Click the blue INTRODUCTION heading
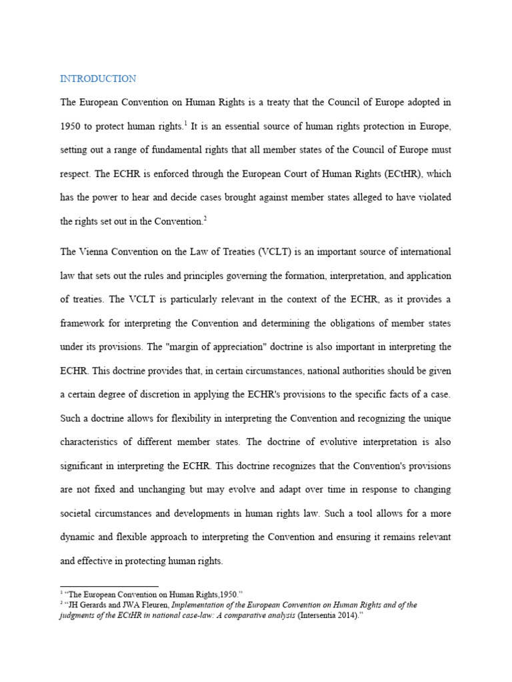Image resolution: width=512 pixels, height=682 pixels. [x=98, y=79]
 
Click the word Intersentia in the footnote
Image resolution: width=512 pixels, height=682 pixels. [x=323, y=615]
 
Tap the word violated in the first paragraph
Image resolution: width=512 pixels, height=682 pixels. [x=433, y=198]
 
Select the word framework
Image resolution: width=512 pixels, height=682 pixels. [x=83, y=323]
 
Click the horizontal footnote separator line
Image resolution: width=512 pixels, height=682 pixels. [x=109, y=587]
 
